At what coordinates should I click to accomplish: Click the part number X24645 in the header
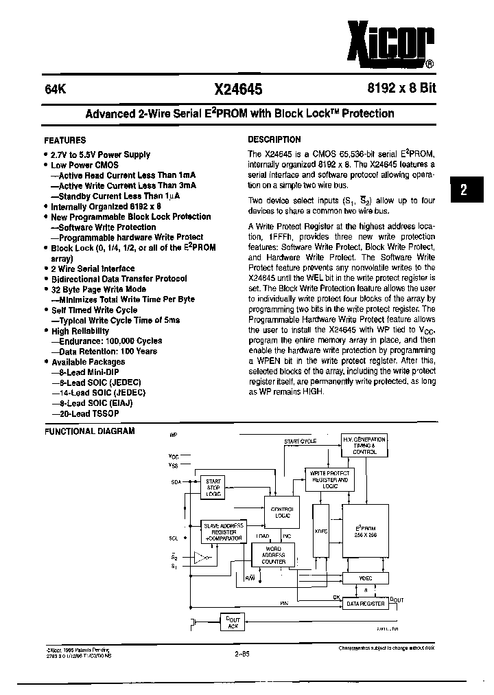[x=238, y=89]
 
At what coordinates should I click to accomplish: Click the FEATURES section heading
[x=65, y=139]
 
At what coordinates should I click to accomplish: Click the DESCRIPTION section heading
[x=274, y=139]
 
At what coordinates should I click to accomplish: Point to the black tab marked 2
[x=464, y=192]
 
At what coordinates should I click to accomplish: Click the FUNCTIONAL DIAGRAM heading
[x=89, y=431]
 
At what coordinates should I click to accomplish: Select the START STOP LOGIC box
[x=213, y=488]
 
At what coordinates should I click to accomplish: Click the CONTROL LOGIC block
[x=281, y=512]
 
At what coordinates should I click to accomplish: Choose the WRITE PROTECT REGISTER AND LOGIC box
[x=329, y=478]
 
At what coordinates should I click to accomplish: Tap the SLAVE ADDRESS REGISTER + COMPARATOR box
[x=223, y=532]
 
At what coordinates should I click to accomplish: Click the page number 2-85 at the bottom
[x=241, y=654]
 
